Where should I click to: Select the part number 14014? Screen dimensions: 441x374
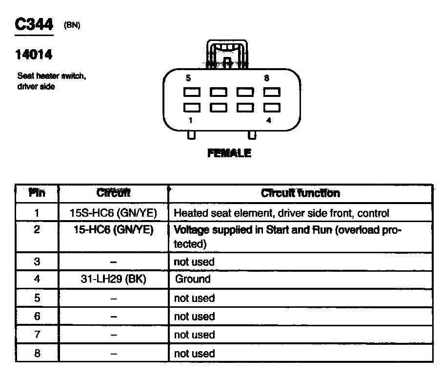[33, 55]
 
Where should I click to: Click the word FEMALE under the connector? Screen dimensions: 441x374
[229, 153]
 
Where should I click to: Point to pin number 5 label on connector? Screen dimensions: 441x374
[188, 78]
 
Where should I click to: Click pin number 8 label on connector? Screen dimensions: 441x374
[266, 78]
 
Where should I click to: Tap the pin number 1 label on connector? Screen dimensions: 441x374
[191, 121]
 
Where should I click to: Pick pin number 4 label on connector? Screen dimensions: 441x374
[268, 121]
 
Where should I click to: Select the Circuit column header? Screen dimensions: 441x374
[114, 193]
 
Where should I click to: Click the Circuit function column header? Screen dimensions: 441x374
[300, 193]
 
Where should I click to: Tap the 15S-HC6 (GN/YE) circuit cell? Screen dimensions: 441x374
[114, 213]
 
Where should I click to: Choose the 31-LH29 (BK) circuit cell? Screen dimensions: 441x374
[114, 280]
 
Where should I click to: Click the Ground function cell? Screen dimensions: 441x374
[193, 280]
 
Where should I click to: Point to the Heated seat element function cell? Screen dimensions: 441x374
[281, 213]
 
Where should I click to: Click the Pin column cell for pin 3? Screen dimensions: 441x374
[37, 262]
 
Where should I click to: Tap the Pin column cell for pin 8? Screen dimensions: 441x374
[37, 354]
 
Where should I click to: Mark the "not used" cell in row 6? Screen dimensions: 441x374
[194, 317]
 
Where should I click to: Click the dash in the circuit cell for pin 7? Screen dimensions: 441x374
[114, 335]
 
